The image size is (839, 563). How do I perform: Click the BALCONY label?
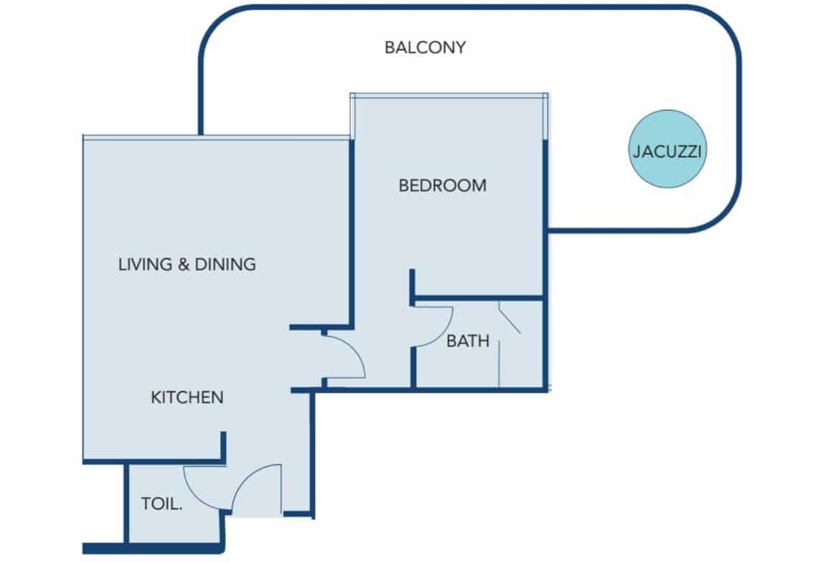425,48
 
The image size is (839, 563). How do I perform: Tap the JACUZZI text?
667,152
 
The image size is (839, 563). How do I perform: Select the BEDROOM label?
442,186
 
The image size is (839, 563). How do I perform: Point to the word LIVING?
145,264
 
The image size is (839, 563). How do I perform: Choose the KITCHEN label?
187,397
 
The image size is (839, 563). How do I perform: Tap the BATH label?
468,341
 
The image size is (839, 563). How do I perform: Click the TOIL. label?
161,504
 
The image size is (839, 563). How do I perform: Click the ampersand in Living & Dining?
183,264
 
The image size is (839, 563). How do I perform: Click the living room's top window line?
215,137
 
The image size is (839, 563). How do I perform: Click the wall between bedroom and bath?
478,298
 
